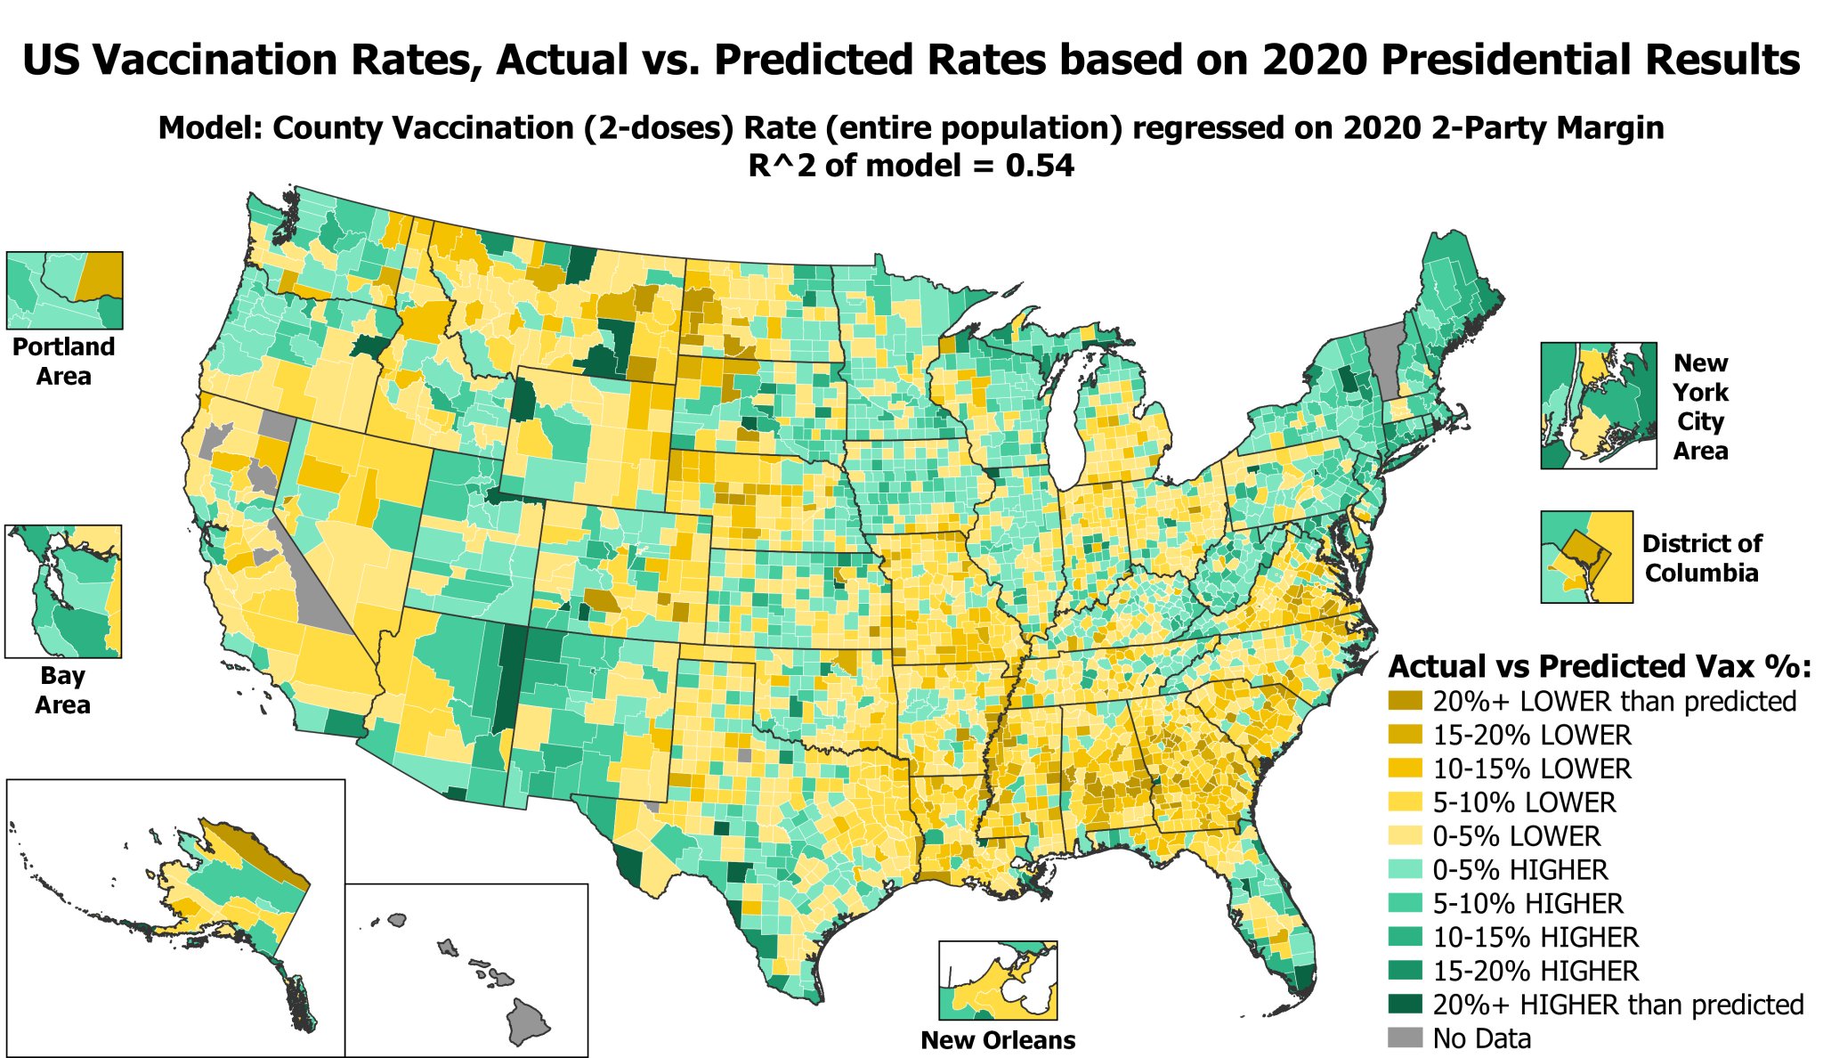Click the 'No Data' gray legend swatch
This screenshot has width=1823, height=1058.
coord(1405,1038)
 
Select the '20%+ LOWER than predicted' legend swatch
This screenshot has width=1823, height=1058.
coord(1405,701)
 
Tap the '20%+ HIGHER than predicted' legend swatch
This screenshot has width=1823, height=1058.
coord(1405,1005)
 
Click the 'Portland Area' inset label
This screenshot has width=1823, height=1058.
coord(63,361)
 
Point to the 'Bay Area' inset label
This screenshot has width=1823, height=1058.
coord(62,689)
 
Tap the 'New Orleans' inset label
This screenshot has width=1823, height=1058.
coord(998,1040)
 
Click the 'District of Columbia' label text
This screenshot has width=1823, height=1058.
coord(1701,557)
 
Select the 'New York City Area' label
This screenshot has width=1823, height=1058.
coord(1699,406)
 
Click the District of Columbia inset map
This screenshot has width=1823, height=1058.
coord(1586,557)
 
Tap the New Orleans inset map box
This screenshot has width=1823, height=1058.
coord(998,981)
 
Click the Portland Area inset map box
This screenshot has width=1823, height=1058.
coord(64,290)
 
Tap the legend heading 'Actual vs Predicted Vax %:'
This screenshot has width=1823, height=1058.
coord(1600,666)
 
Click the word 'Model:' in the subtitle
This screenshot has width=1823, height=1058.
coord(210,128)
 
